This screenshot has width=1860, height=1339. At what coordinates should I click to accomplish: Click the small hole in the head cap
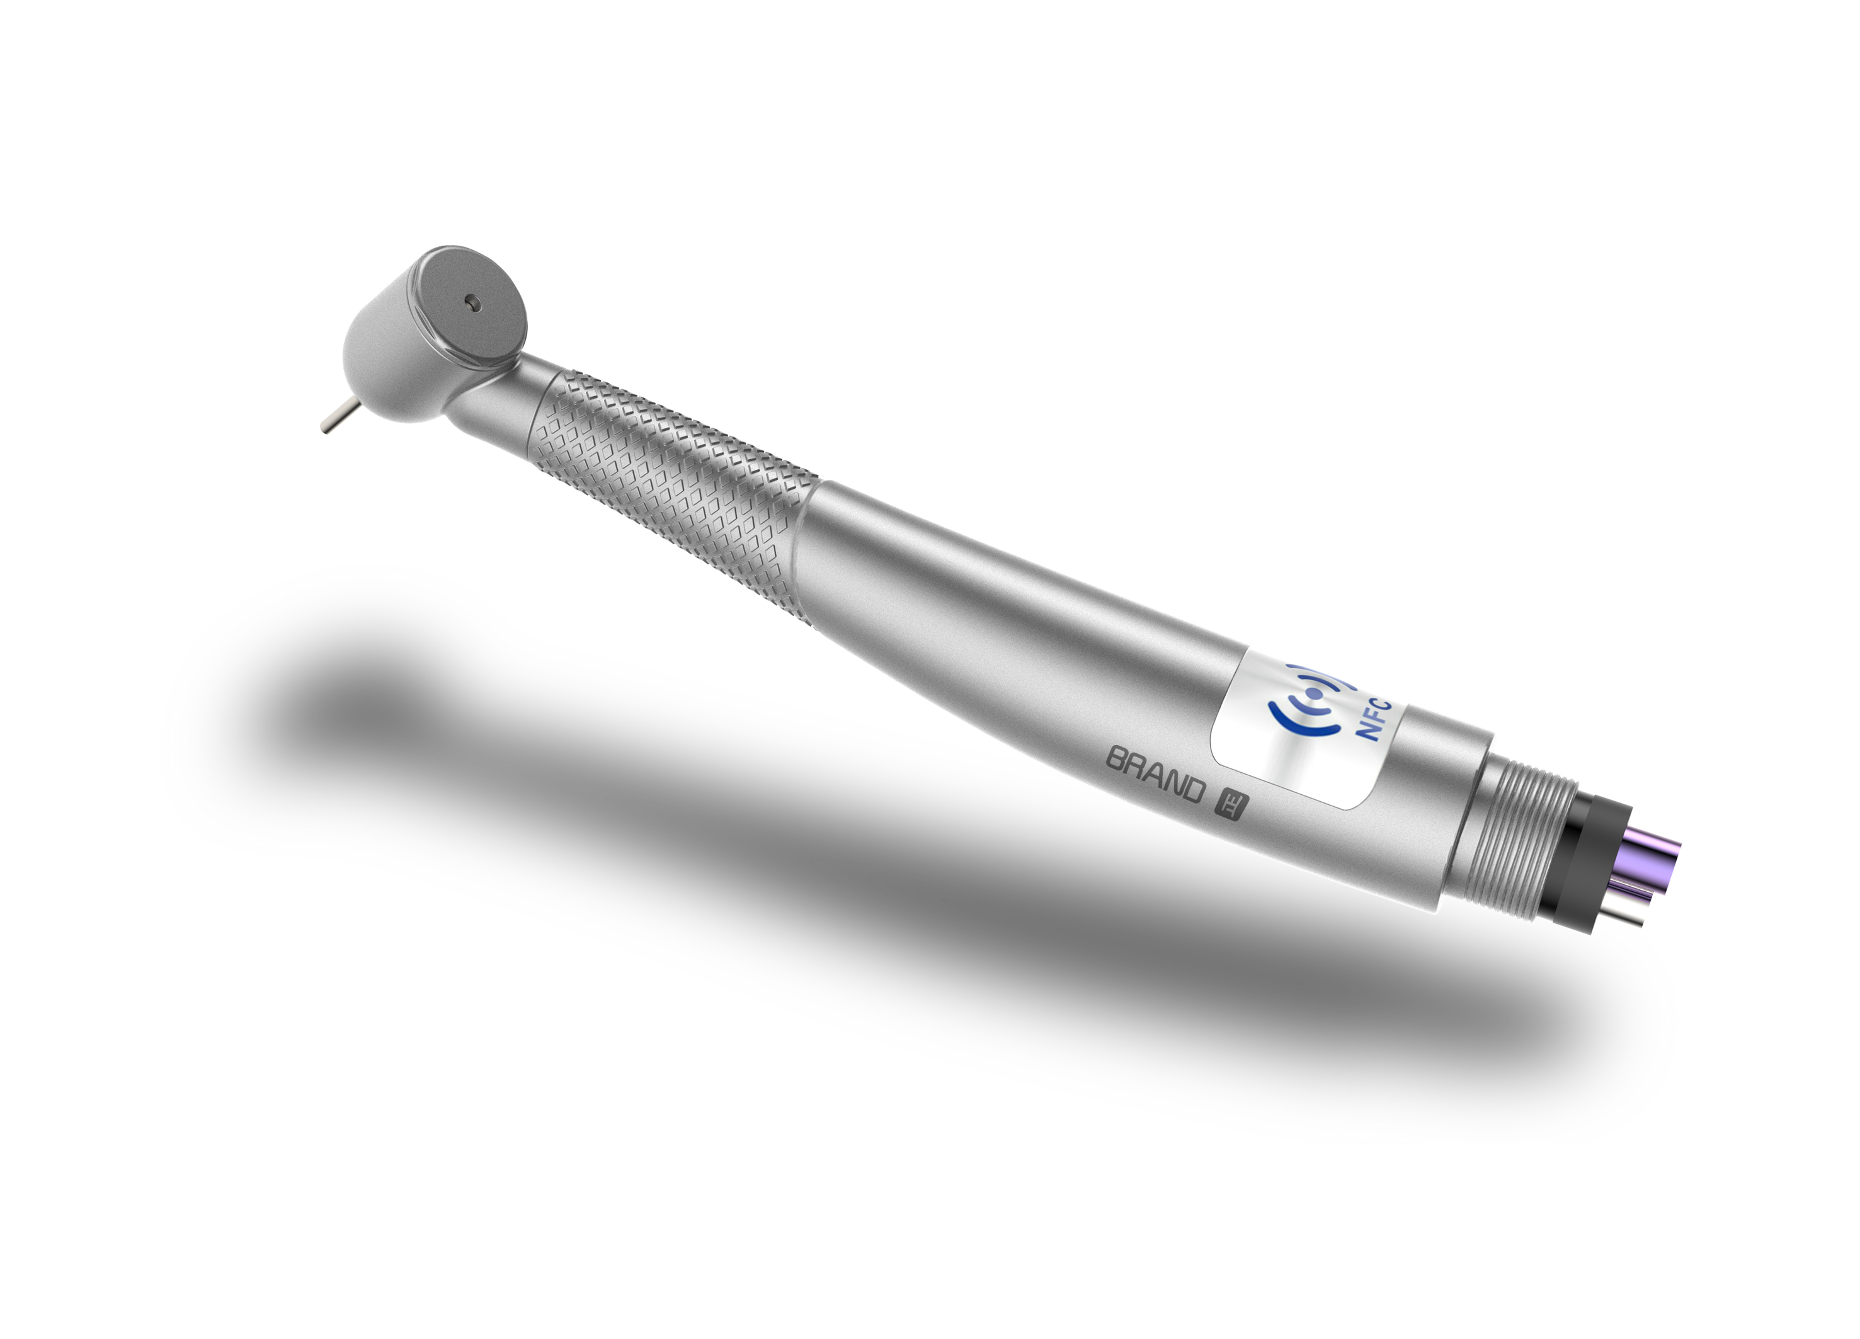pos(471,302)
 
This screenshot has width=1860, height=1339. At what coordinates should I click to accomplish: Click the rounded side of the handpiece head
pos(385,361)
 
